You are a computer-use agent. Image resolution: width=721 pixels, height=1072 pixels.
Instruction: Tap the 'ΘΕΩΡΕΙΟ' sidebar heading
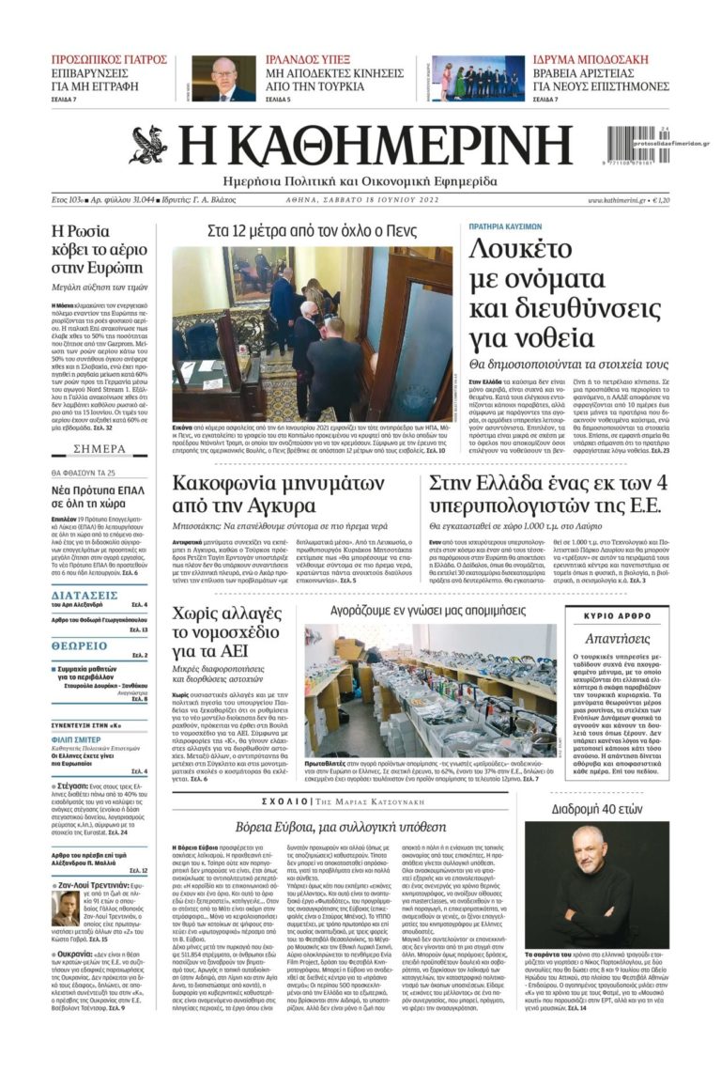click(80, 646)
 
